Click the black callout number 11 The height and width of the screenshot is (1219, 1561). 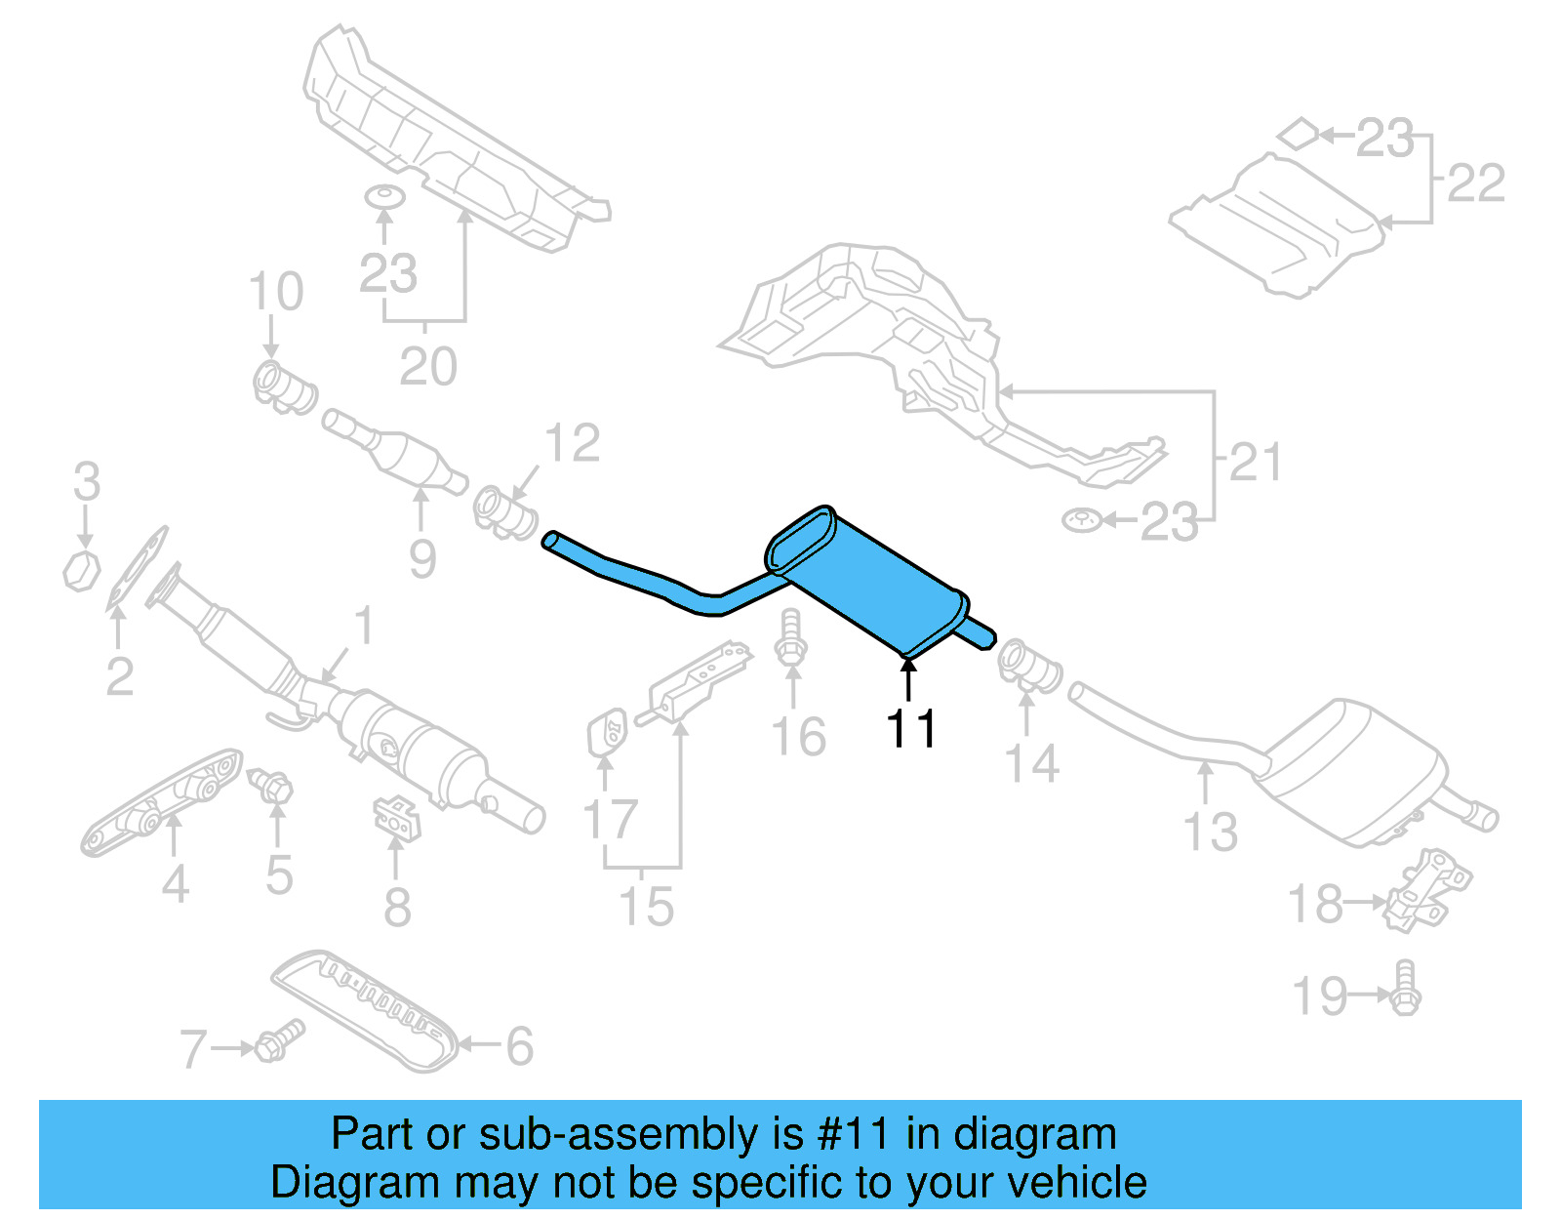pyautogui.click(x=910, y=729)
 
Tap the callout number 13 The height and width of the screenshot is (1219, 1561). pyautogui.click(x=1210, y=833)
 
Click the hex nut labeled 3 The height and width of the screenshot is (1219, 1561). pyautogui.click(x=82, y=571)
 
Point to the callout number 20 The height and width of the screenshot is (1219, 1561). pyautogui.click(x=427, y=367)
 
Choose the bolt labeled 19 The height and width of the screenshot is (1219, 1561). pyautogui.click(x=1405, y=989)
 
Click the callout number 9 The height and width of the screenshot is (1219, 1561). pyautogui.click(x=421, y=558)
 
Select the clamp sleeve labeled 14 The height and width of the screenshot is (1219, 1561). pyautogui.click(x=1030, y=667)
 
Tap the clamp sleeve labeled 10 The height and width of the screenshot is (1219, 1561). pyautogui.click(x=284, y=386)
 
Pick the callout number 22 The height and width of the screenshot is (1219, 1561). pyautogui.click(x=1475, y=183)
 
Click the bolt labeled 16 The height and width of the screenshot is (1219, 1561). pyautogui.click(x=790, y=639)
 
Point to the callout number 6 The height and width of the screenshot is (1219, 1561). pyautogui.click(x=519, y=1046)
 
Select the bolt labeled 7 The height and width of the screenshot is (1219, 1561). pyautogui.click(x=278, y=1041)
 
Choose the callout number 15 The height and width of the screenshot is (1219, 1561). pyautogui.click(x=647, y=907)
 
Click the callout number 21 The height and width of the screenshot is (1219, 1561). pyautogui.click(x=1255, y=462)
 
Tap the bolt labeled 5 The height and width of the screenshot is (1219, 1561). pyautogui.click(x=272, y=787)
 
